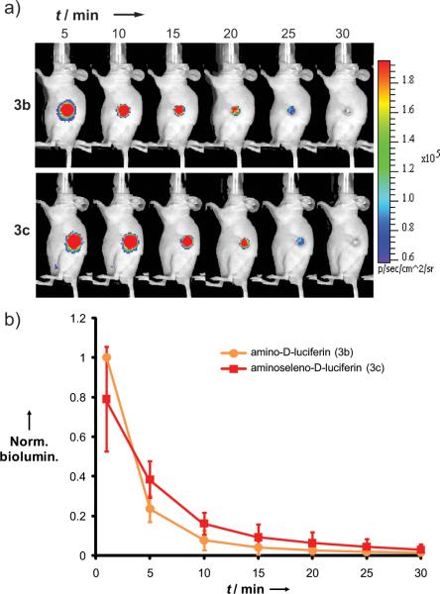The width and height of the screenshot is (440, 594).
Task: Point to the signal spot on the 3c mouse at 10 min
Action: pyautogui.click(x=128, y=241)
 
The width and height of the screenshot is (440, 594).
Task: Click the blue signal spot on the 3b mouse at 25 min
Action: pyautogui.click(x=292, y=112)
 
